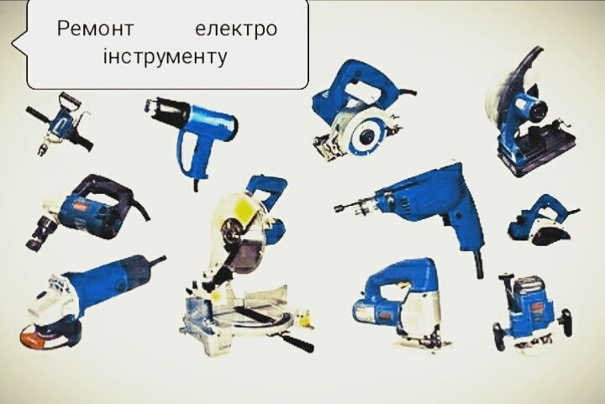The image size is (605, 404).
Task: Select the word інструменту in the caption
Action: pyautogui.click(x=165, y=59)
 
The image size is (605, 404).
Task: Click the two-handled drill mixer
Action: pyautogui.click(x=59, y=127)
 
